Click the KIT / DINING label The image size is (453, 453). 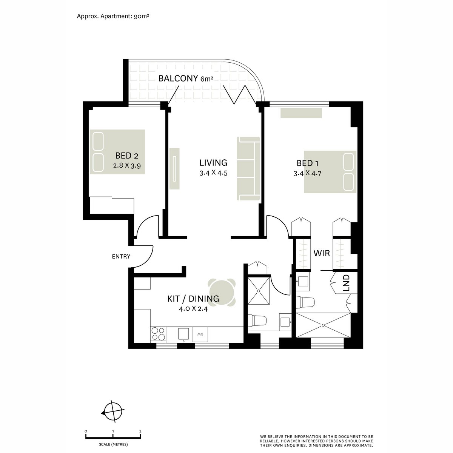coord(193,299)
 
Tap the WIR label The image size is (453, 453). coord(322,253)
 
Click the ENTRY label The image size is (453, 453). coord(121,256)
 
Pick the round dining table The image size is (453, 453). coord(222,293)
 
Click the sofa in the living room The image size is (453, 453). coord(248,168)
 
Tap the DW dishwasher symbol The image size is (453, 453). coord(200,334)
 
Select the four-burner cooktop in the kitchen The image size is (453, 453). coord(158,334)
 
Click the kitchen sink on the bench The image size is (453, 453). coord(183,334)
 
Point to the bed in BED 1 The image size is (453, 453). coord(330,172)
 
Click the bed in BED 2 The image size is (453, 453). coord(117,152)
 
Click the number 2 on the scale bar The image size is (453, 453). coord(140,431)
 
